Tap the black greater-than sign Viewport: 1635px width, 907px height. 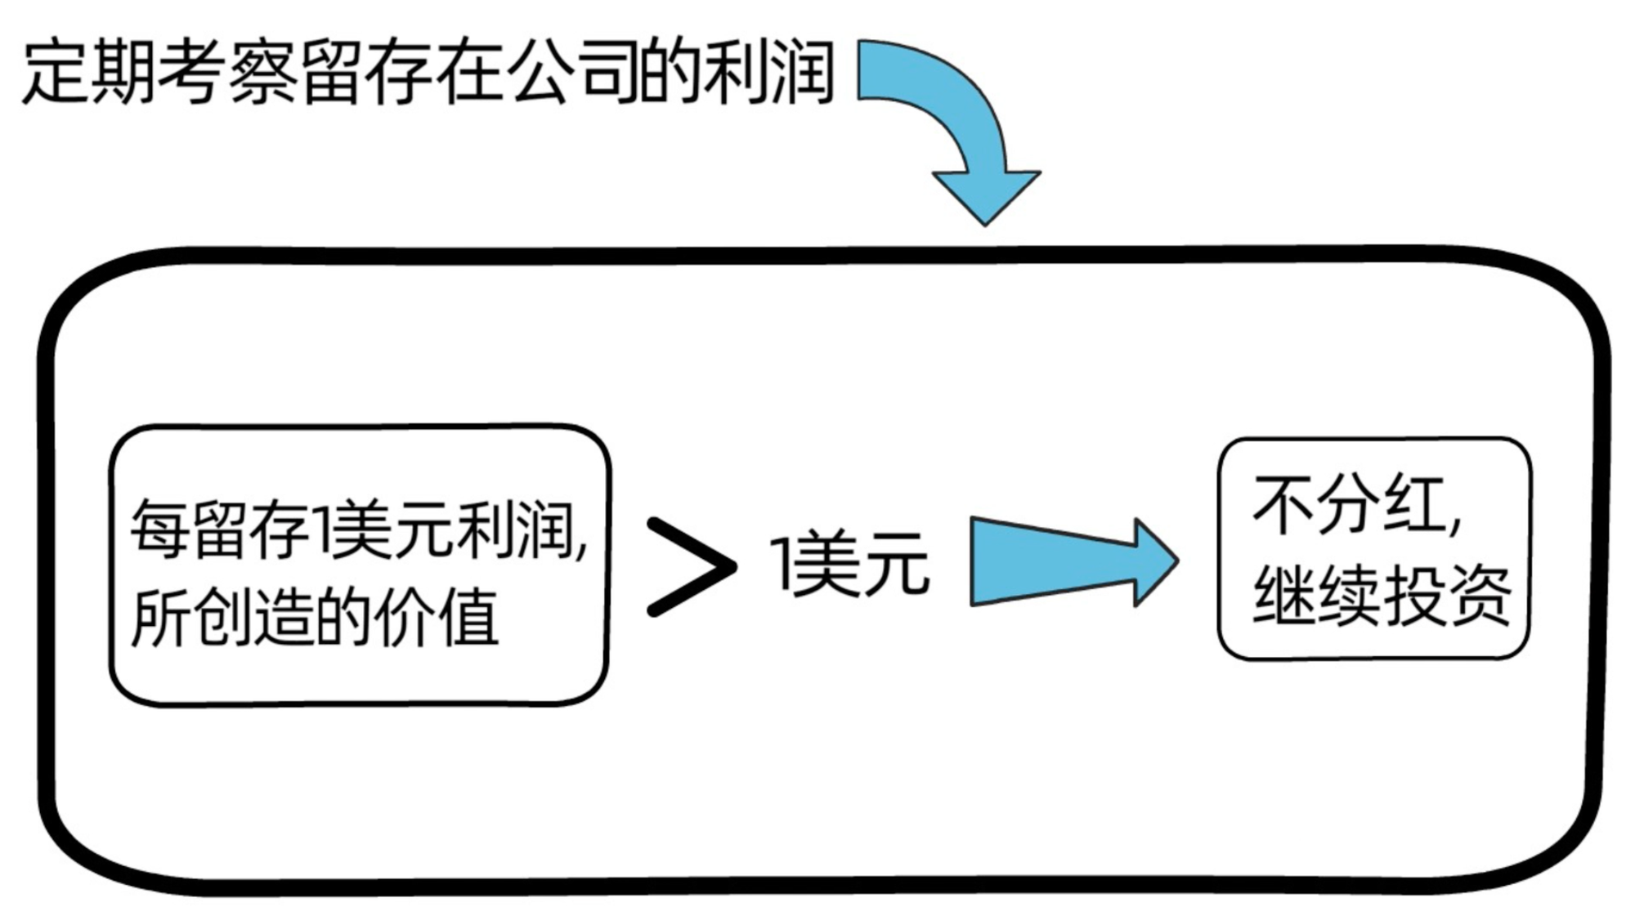click(692, 565)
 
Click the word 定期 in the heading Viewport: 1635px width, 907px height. click(88, 74)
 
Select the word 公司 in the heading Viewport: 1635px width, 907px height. click(571, 74)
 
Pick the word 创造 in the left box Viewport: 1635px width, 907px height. click(253, 617)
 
